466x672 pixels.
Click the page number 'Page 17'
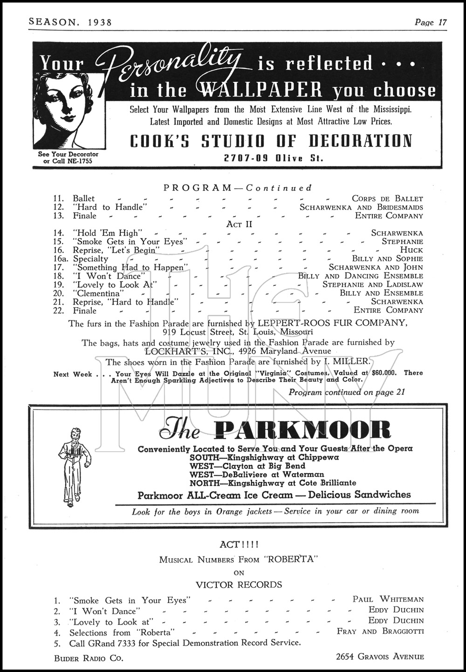(x=431, y=22)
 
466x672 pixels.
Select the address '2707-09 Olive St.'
(x=274, y=158)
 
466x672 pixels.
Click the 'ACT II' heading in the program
(x=239, y=224)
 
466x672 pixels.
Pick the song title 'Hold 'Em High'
(x=106, y=233)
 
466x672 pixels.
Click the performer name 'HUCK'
(x=411, y=250)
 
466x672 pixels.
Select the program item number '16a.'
(x=61, y=258)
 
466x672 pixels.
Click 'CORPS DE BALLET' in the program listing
(x=387, y=198)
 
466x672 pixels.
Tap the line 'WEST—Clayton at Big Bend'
(x=247, y=466)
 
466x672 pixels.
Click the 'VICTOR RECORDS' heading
(x=239, y=585)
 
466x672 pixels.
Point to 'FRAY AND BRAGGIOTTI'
(x=380, y=631)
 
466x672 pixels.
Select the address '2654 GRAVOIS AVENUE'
(x=380, y=657)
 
